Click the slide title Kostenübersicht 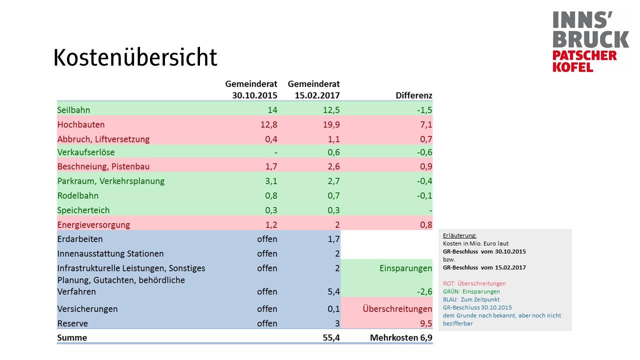pyautogui.click(x=135, y=58)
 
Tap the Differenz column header pyautogui.click(x=413, y=95)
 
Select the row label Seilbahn pyautogui.click(x=73, y=110)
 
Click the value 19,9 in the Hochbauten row pyautogui.click(x=331, y=124)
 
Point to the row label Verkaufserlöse pyautogui.click(x=86, y=152)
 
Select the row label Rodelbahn pyautogui.click(x=77, y=195)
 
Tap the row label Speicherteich pyautogui.click(x=83, y=210)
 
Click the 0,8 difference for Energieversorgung pyautogui.click(x=425, y=224)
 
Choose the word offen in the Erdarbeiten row pyautogui.click(x=267, y=239)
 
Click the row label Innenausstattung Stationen pyautogui.click(x=110, y=253)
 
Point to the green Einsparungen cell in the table pyautogui.click(x=405, y=268)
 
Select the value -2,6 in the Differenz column pyautogui.click(x=424, y=291)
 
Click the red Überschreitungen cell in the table pyautogui.click(x=397, y=309)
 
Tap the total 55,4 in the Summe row pyautogui.click(x=331, y=337)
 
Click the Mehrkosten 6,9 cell pyautogui.click(x=401, y=337)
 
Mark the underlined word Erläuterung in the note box pyautogui.click(x=459, y=235)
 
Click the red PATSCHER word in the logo pyautogui.click(x=584, y=55)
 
